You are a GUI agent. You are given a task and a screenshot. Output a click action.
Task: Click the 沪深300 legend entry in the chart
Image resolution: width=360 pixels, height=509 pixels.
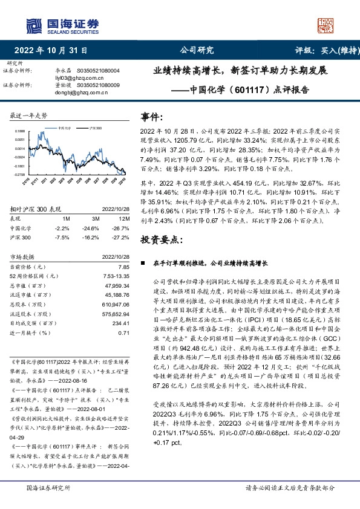click(x=95, y=129)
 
